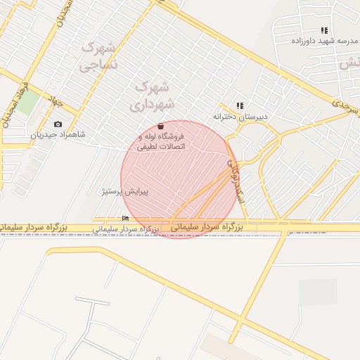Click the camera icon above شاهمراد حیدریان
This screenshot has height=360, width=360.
pos(58,124)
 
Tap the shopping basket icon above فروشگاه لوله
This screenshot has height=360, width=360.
pos(162,126)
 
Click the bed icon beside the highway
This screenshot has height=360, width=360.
pos(125,218)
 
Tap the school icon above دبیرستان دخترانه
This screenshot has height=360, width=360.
pos(239,105)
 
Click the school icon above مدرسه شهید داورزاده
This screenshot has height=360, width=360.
pos(323,31)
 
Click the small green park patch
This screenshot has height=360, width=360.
pos(27,103)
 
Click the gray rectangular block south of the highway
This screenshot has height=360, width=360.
pos(318,292)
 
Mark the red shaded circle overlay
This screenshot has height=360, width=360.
pos(179,179)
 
